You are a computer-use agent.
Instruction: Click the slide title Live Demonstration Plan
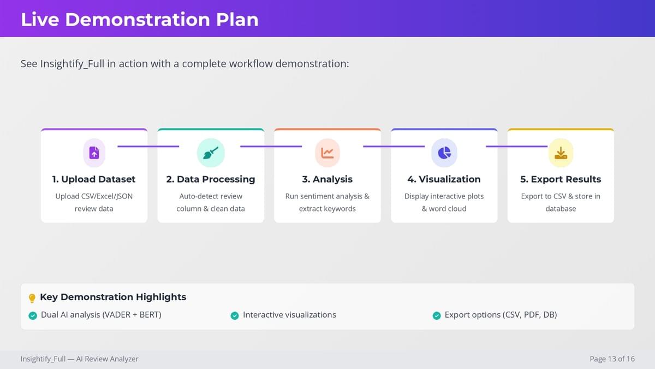click(140, 20)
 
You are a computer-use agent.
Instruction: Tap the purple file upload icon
click(94, 153)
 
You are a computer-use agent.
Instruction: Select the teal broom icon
click(211, 153)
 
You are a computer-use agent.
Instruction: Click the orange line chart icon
click(327, 153)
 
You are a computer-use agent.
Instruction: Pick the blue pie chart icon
click(444, 153)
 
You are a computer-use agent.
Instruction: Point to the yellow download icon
click(561, 153)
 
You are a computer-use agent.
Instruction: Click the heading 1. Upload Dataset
click(94, 179)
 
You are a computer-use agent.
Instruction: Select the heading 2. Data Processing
click(211, 179)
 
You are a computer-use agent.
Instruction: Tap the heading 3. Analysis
click(327, 179)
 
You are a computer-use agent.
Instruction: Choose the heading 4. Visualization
click(444, 179)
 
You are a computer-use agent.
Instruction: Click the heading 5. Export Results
click(561, 179)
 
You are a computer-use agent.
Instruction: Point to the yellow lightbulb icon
click(32, 298)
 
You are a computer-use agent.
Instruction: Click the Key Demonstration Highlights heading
click(113, 297)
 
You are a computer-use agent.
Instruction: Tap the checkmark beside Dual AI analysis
click(33, 315)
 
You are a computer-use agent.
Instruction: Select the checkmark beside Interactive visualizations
click(235, 315)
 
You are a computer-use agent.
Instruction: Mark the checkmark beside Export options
click(437, 315)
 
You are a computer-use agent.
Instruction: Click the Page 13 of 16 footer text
click(612, 359)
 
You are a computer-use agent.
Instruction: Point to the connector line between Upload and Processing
click(148, 146)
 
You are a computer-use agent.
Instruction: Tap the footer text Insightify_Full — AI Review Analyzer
click(80, 359)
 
